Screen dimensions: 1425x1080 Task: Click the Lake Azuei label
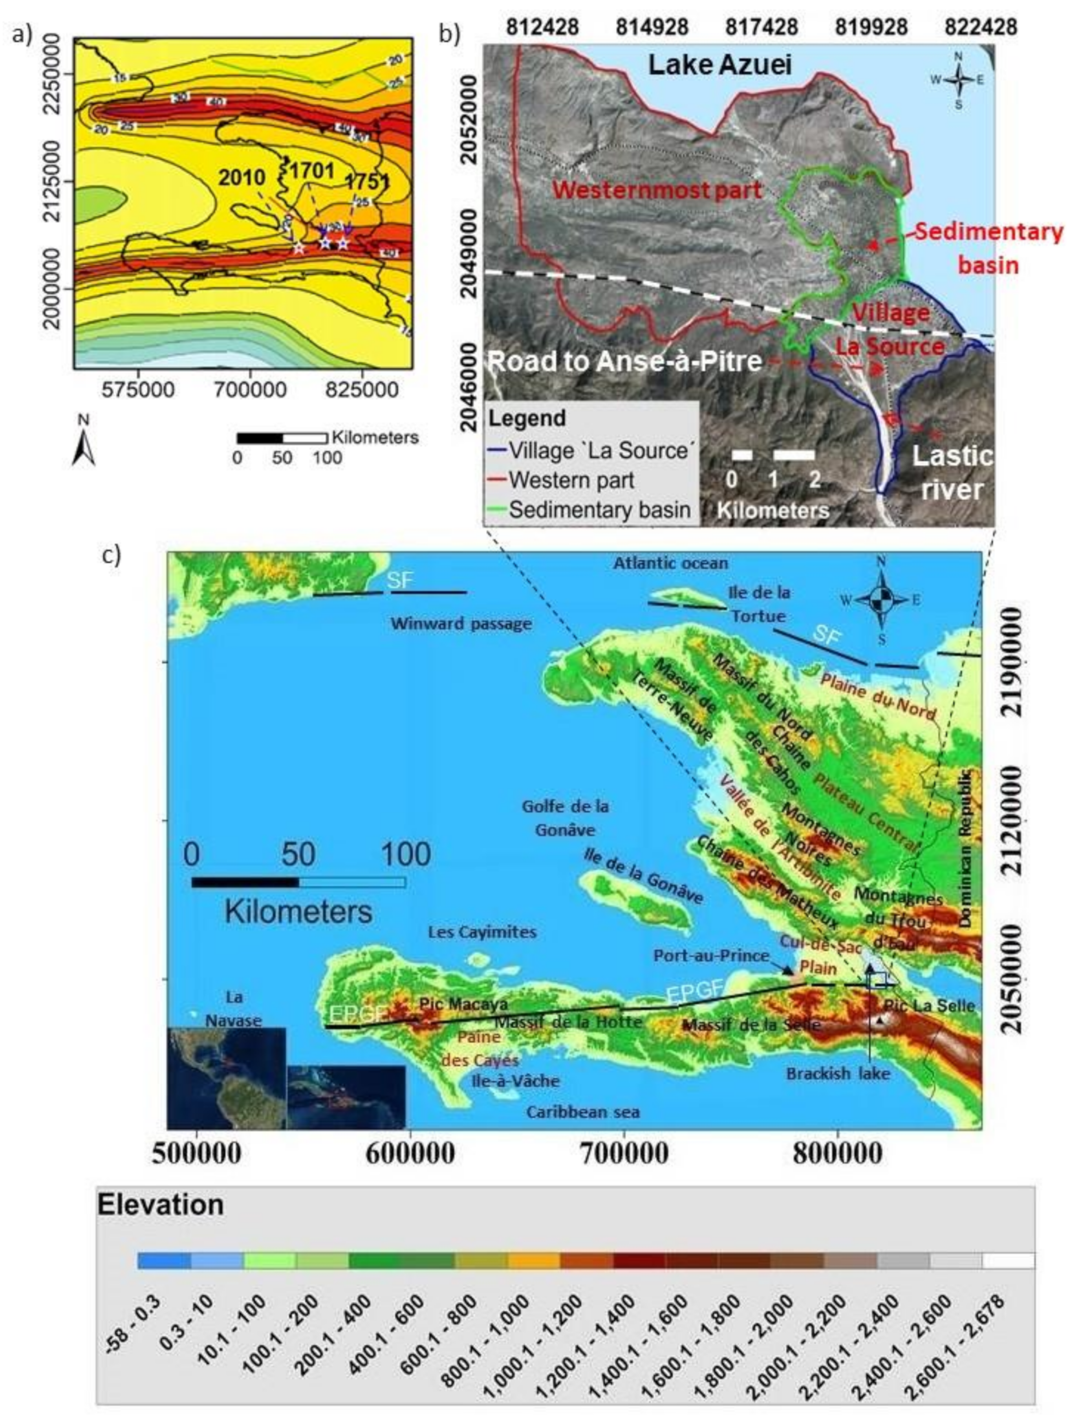[719, 66]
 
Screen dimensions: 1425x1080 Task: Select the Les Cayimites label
[482, 932]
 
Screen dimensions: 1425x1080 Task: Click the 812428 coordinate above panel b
[542, 27]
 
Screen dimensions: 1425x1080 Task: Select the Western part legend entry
[571, 480]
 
